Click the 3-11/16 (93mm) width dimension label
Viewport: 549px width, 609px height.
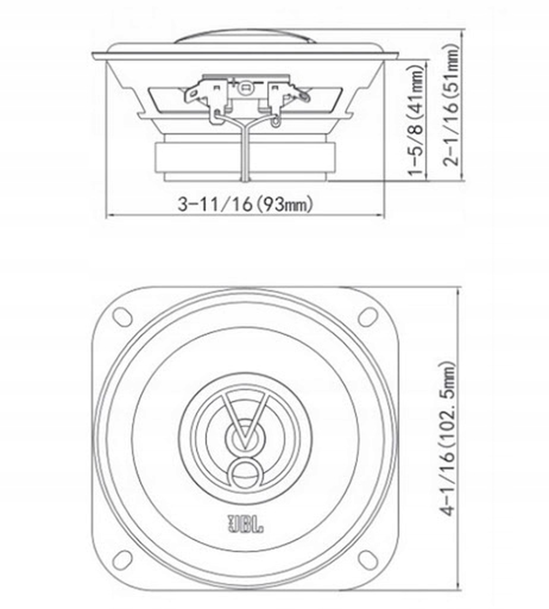coord(245,204)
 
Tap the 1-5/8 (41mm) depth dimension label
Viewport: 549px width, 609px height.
coord(416,120)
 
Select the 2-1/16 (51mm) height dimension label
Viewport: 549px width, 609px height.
coord(451,105)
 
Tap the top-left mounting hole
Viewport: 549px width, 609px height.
coord(122,317)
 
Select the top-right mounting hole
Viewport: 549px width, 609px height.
coord(368,317)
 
